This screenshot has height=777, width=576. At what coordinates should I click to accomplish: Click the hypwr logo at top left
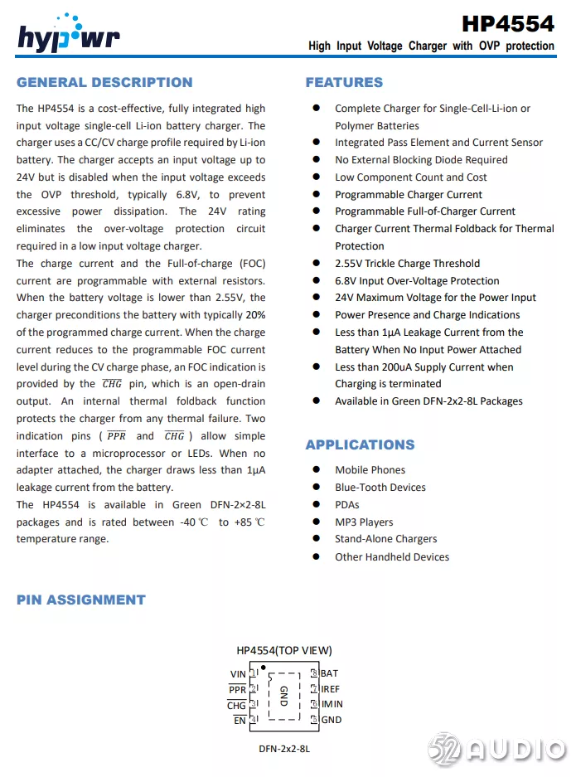point(69,34)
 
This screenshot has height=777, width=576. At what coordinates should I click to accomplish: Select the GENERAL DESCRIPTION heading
point(104,82)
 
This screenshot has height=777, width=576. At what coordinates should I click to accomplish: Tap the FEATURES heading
point(344,82)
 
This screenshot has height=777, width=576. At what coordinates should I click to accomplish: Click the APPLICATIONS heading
point(360,444)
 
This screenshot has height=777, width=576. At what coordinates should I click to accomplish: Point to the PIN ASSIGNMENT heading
point(80,600)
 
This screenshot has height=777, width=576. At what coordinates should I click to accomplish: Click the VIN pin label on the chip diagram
point(237,674)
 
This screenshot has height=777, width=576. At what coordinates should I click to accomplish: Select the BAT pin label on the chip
point(329,673)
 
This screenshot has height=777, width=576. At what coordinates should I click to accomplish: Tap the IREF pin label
point(330,689)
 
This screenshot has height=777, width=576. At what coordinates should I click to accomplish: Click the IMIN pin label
point(332,704)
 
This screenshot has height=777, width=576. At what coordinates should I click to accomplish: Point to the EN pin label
point(240,720)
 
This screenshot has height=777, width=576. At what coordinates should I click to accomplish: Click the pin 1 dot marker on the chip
point(263,667)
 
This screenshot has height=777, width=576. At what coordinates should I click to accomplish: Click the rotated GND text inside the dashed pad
point(283,696)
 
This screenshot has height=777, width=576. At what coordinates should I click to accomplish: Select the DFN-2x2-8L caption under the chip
point(284,749)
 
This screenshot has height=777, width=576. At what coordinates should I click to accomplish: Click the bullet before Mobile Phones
point(316,470)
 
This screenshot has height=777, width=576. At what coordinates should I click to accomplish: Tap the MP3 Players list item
point(364,522)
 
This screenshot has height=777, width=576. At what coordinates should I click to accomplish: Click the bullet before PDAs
point(316,504)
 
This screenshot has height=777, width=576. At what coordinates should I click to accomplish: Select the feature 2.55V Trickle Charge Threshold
point(407,263)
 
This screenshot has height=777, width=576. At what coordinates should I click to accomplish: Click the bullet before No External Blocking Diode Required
point(316,159)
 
